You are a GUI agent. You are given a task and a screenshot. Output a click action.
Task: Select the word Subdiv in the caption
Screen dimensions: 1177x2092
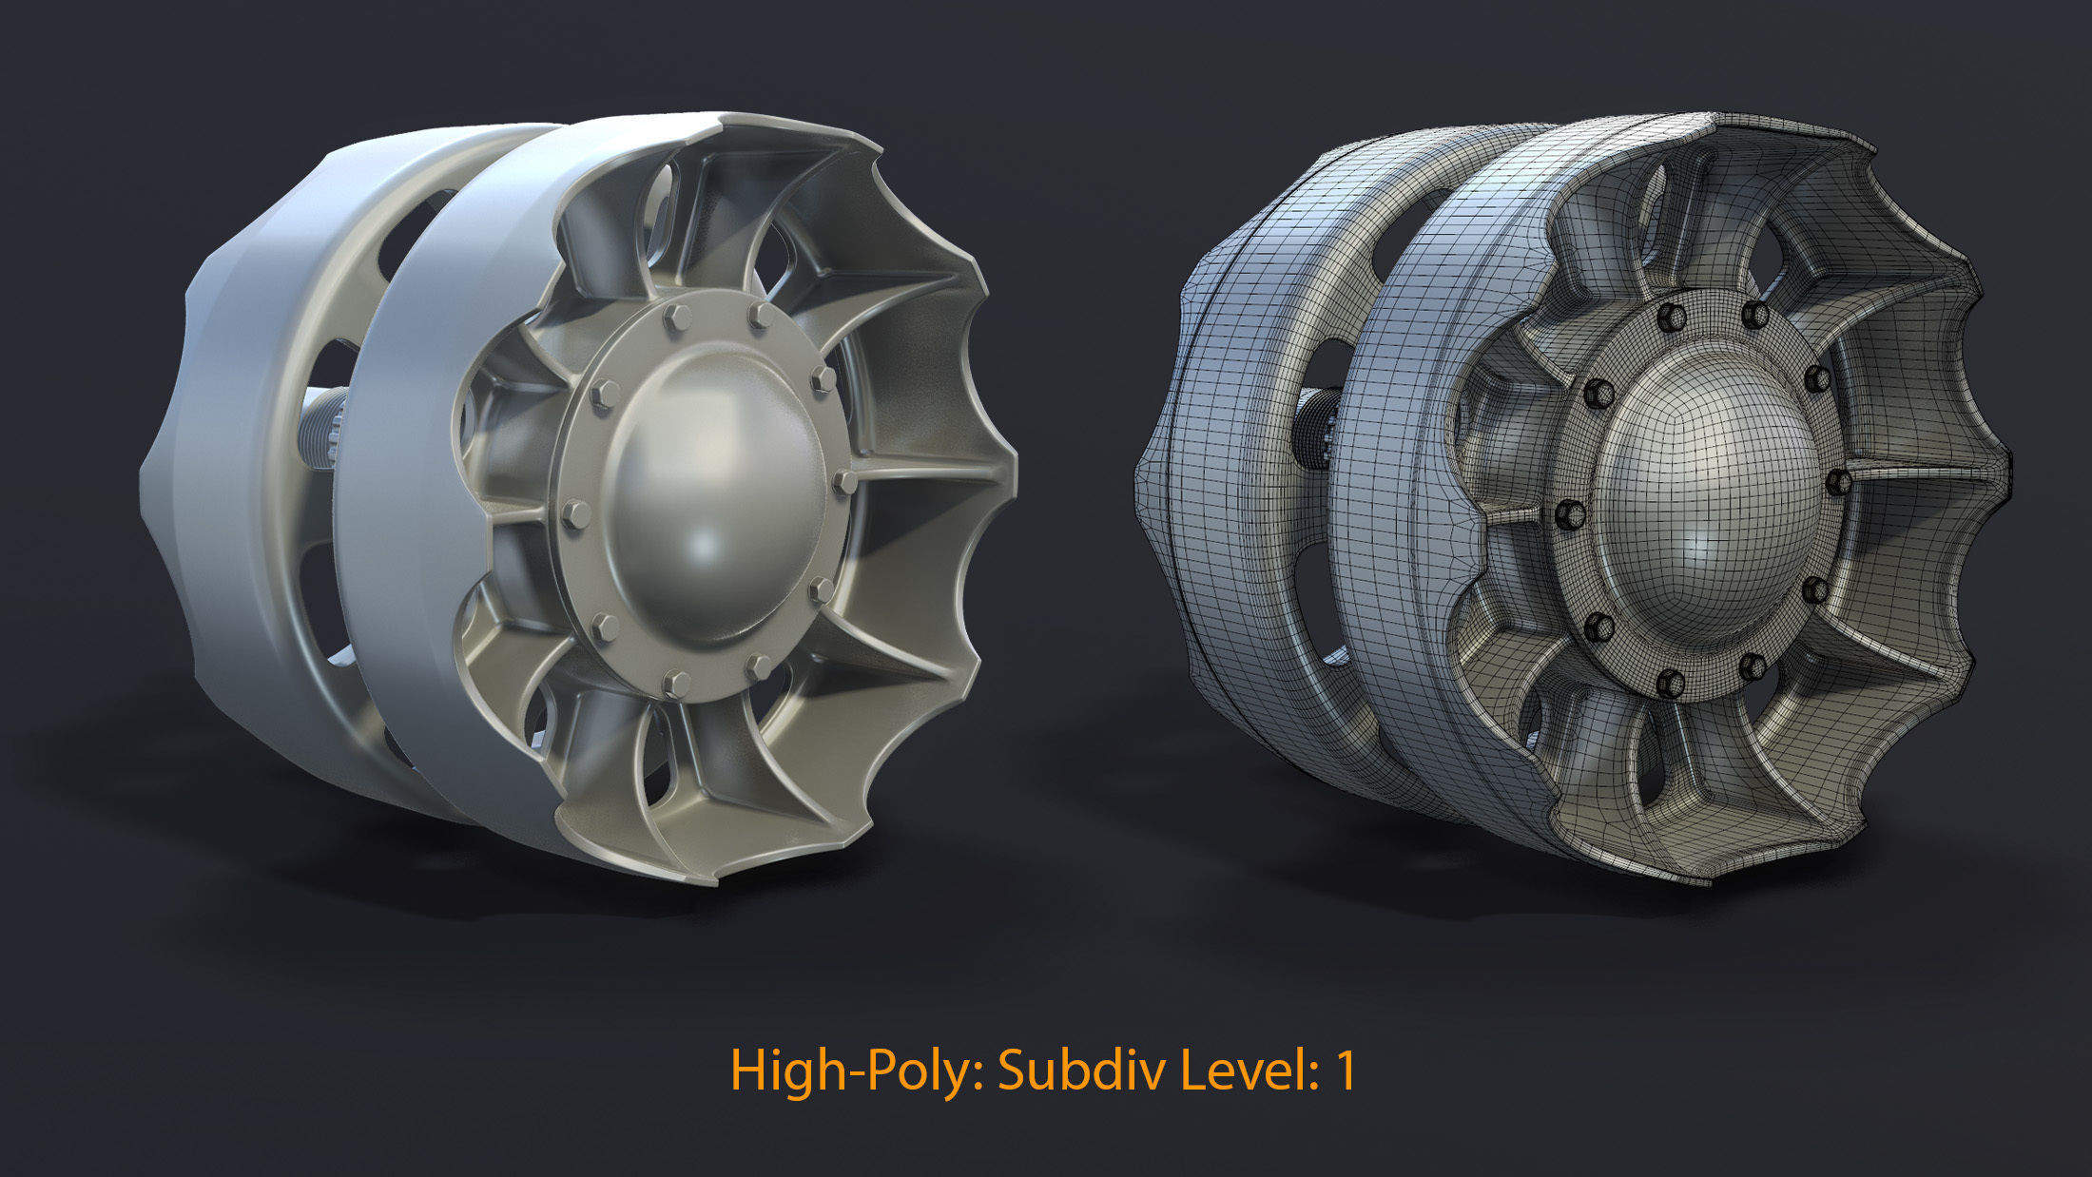1081,1071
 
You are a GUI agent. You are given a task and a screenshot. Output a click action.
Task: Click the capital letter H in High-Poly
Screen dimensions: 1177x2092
747,1070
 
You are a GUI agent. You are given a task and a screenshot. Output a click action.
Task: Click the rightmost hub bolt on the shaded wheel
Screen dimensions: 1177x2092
844,482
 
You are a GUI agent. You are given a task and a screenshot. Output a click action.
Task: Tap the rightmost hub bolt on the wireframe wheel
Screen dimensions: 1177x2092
1838,481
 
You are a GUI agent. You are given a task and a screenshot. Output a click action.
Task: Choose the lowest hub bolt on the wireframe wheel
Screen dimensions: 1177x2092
1670,682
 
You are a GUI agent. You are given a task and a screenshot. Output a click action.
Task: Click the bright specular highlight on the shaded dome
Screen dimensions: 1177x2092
705,548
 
